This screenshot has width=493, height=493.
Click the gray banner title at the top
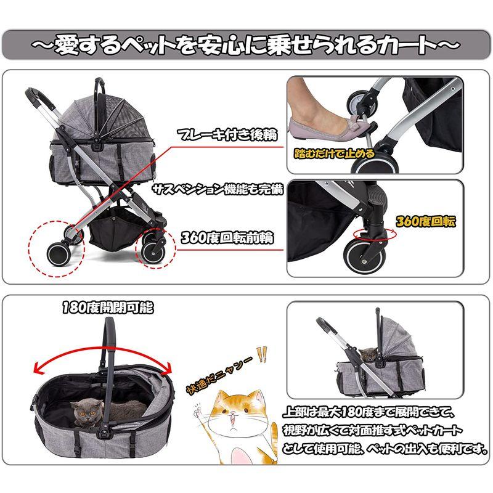246,45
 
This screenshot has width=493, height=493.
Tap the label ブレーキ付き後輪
227,135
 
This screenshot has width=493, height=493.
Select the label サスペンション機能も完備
218,189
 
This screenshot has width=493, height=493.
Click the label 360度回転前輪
227,237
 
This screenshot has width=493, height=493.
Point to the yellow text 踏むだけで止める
334,153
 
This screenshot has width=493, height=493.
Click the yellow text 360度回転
425,221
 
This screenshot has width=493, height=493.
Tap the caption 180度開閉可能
108,308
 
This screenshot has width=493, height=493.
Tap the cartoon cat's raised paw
198,410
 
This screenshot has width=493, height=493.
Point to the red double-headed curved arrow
104,349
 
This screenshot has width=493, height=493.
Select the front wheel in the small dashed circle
153,251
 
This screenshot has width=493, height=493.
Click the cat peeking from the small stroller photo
369,354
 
